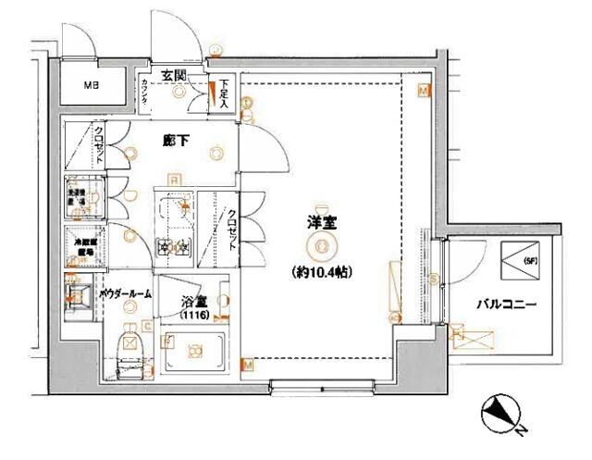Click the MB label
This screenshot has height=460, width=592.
click(92, 87)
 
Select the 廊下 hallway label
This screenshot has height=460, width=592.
click(176, 142)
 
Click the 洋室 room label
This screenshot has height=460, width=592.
click(320, 222)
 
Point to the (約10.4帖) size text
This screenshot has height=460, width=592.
click(320, 272)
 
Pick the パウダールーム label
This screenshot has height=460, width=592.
click(125, 293)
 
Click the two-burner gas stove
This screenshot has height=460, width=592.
click(173, 247)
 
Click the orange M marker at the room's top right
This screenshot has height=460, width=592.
click(422, 92)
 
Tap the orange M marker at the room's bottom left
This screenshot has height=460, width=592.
click(247, 366)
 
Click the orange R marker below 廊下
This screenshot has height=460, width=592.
click(173, 179)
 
